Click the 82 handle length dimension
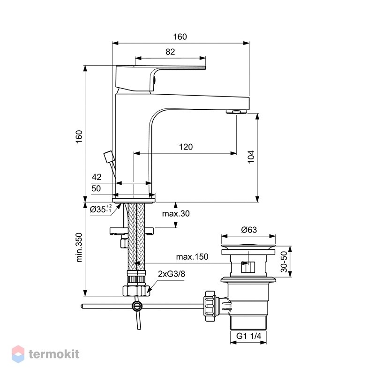tap(170, 52)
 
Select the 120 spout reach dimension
tap(186, 147)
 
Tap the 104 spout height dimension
tap(251, 157)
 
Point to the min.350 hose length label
tap(79, 247)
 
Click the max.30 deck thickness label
tap(176, 214)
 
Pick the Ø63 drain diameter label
tap(249, 230)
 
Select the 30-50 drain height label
tap(284, 262)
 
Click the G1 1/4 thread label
tap(248, 336)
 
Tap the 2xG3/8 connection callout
tap(172, 274)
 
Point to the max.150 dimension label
tap(192, 257)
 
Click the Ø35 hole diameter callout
tap(101, 209)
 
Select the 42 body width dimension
tap(97, 177)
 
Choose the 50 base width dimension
tap(96, 188)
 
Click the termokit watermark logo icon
tap(18, 354)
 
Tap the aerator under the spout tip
tap(236, 112)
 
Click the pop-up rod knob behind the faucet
tap(109, 157)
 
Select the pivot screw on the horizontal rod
tap(136, 306)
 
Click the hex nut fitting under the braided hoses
tap(136, 291)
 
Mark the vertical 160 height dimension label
tap(79, 137)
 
